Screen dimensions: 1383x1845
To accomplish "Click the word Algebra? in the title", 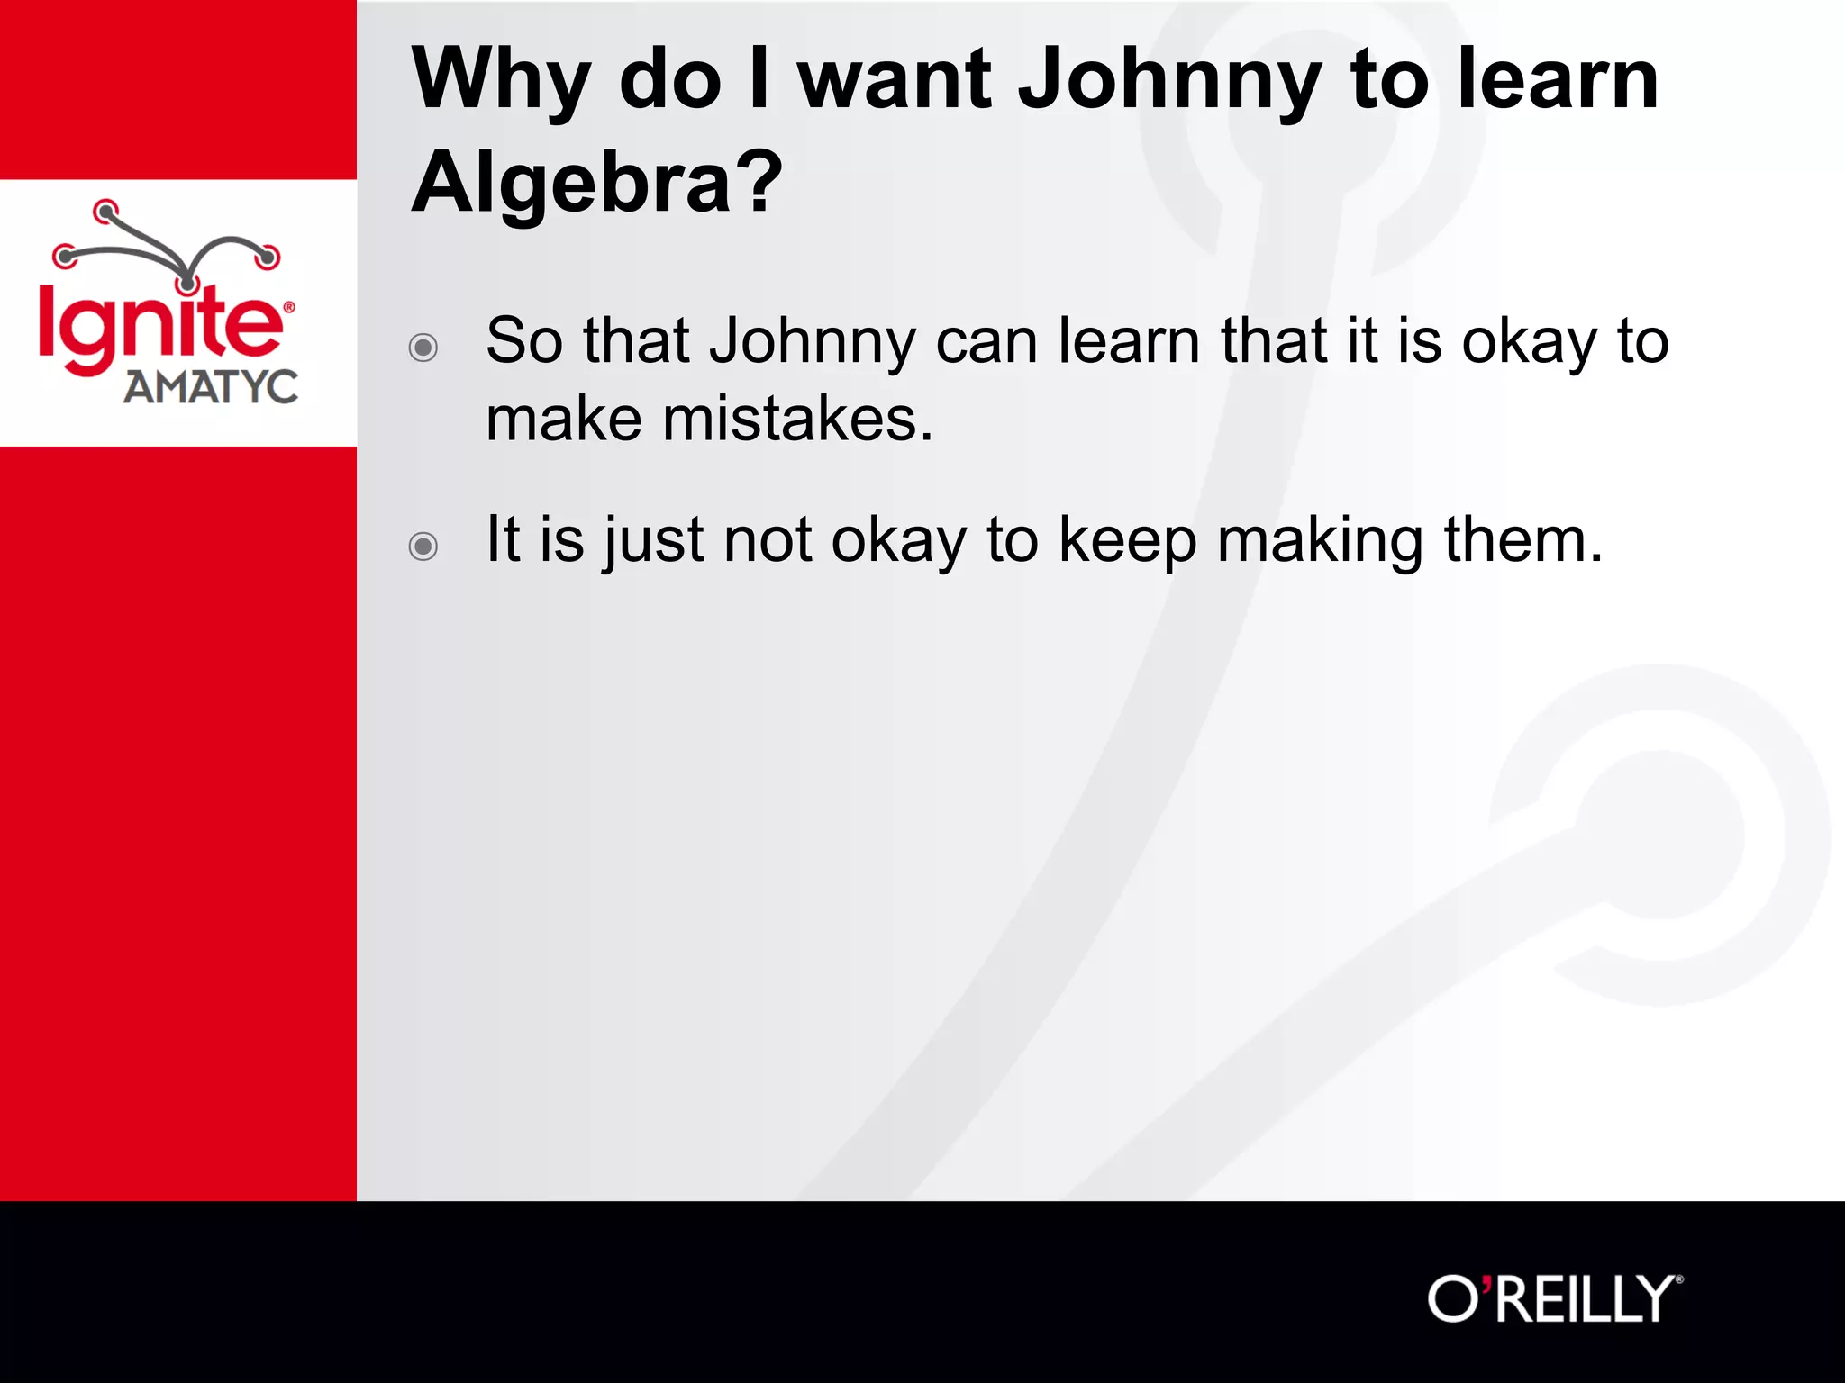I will (597, 183).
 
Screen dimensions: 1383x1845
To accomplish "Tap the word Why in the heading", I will (501, 81).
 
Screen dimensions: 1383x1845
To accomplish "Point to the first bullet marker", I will (423, 348).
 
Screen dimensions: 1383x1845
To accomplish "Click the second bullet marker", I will (423, 546).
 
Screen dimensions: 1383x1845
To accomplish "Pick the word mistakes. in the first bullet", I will (798, 420).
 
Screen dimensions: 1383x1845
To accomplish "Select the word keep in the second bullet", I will (1127, 541).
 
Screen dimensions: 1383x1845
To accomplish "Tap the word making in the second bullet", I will (1321, 541).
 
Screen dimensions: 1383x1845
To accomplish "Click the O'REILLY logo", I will (1554, 1299).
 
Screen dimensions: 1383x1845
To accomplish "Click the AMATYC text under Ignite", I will (211, 387).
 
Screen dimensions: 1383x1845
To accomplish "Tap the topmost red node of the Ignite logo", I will (106, 212).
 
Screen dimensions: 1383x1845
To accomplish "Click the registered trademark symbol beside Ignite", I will (289, 307).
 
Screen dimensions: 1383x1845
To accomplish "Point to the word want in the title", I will (895, 81).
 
